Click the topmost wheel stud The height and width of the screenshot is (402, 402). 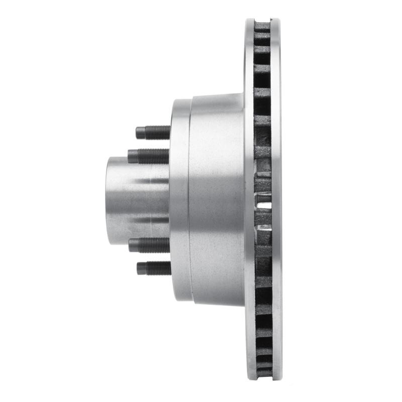[x=153, y=132]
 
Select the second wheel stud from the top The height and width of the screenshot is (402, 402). [x=149, y=156]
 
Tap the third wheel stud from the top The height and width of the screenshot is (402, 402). [x=149, y=245]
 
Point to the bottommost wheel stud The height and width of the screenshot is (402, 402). [x=154, y=268]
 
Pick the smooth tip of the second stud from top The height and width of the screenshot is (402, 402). [x=132, y=156]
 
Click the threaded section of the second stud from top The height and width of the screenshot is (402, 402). [x=154, y=156]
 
